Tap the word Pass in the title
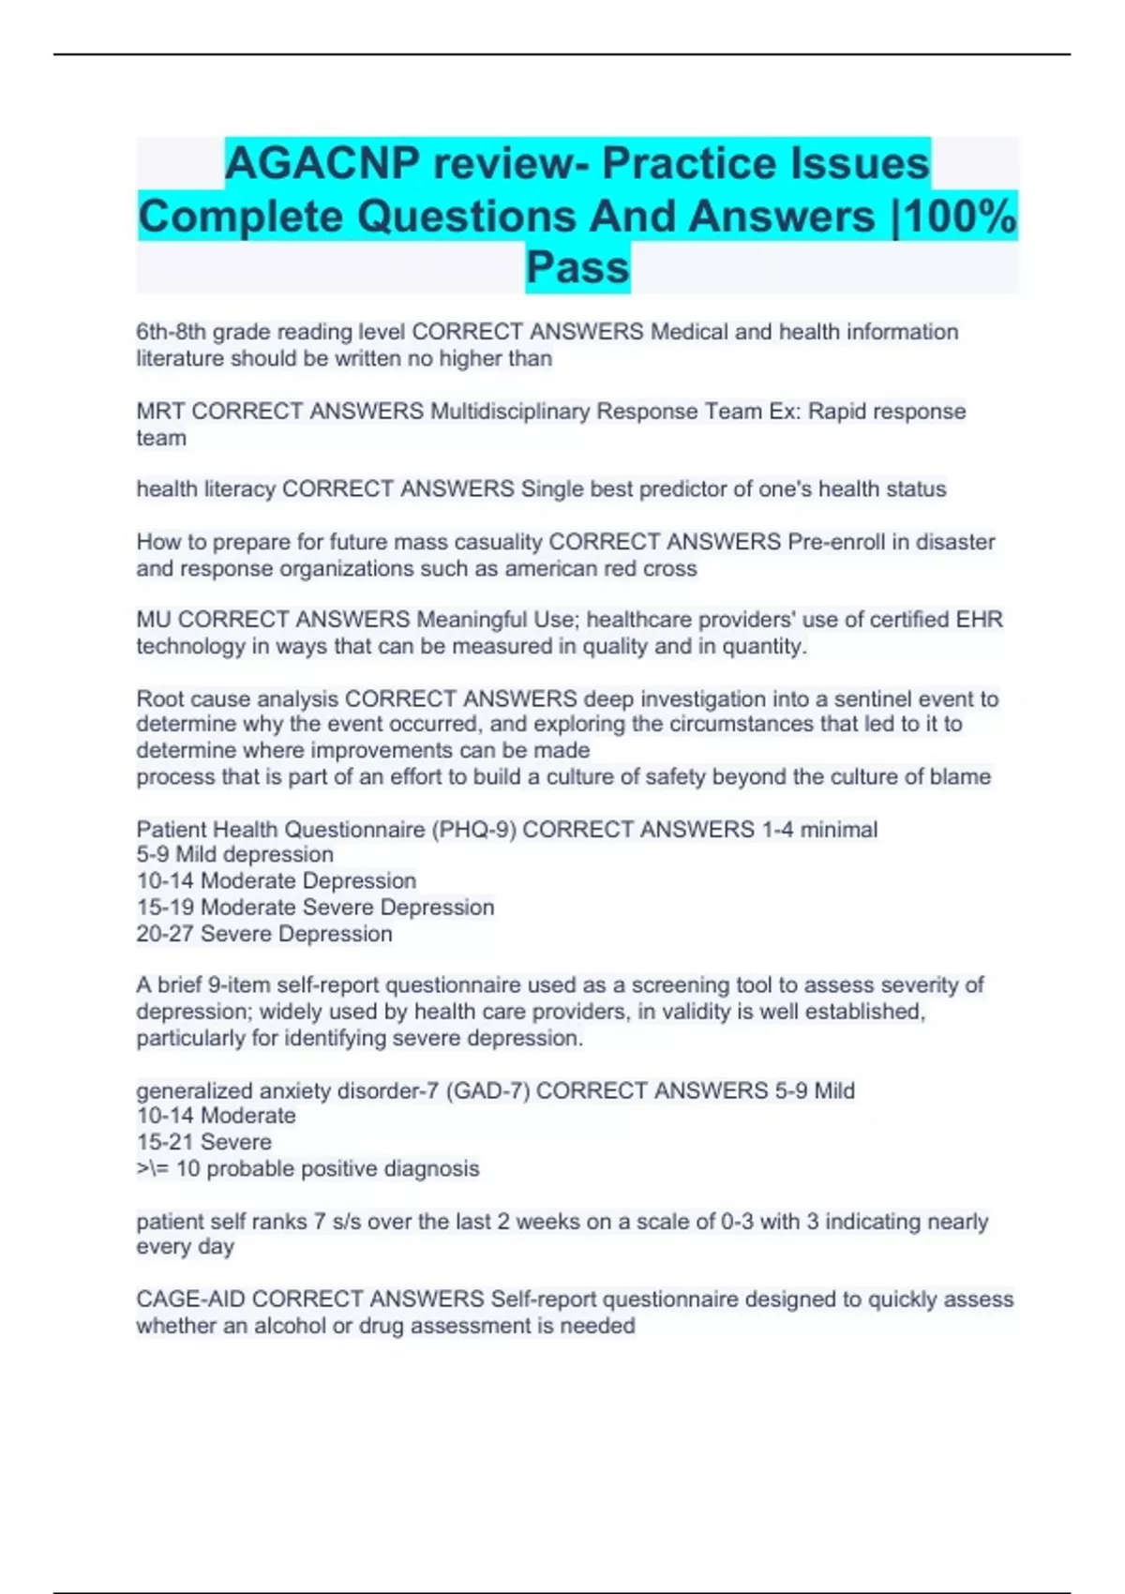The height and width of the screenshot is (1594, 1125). (577, 267)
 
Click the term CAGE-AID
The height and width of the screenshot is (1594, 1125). (190, 1300)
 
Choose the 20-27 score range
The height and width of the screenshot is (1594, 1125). (165, 934)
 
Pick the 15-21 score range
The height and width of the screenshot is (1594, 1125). (165, 1142)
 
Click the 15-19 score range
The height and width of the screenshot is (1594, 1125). (165, 908)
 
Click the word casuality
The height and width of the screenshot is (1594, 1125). (496, 542)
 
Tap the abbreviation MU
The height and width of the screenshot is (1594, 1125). (153, 620)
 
